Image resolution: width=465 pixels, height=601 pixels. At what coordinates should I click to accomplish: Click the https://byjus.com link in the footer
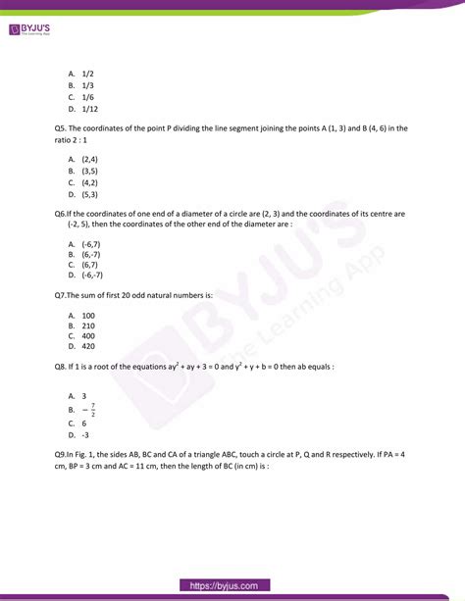(232, 585)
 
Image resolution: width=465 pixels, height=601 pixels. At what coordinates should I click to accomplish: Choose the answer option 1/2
(86, 74)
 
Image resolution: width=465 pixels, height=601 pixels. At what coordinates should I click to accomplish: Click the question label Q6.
(62, 213)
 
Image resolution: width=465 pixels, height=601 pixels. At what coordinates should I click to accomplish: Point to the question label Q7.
(62, 294)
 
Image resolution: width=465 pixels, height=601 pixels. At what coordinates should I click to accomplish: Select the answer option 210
(88, 325)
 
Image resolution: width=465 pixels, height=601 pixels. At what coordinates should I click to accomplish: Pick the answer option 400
(88, 335)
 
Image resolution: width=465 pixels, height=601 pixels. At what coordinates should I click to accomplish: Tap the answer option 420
(88, 347)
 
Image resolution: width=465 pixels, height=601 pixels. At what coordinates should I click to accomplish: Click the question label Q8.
(63, 367)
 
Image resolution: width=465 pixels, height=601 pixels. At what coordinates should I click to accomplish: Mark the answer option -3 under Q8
(86, 434)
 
